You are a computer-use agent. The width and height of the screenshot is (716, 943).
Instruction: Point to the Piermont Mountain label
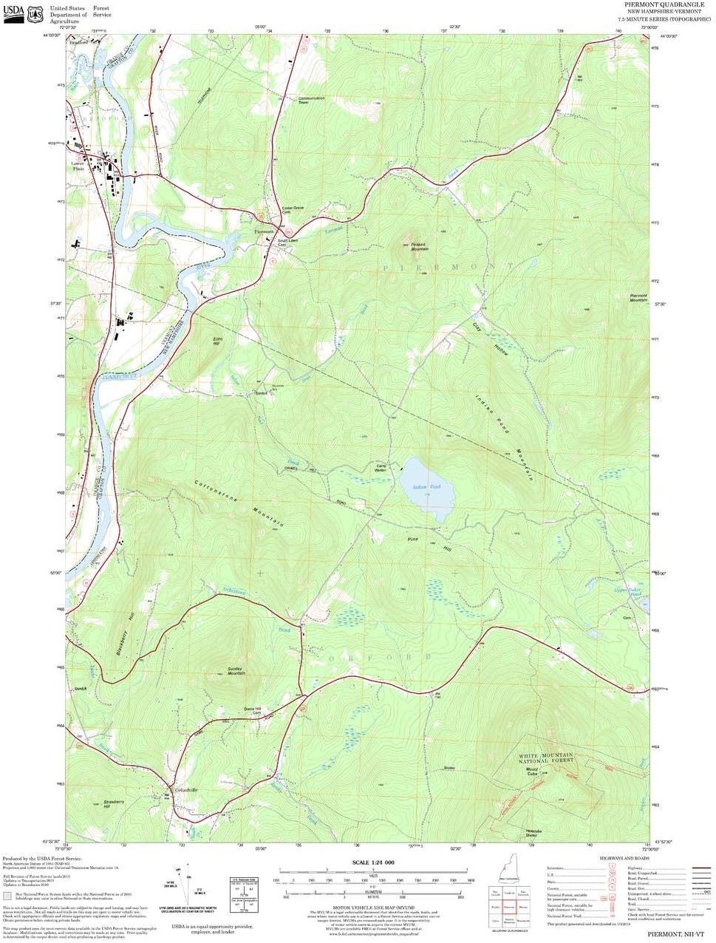click(x=638, y=297)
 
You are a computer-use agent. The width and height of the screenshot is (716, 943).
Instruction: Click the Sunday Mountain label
click(x=236, y=671)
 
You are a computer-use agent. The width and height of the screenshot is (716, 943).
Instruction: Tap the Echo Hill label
click(x=216, y=342)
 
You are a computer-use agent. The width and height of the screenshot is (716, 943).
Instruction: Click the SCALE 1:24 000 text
click(x=373, y=862)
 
